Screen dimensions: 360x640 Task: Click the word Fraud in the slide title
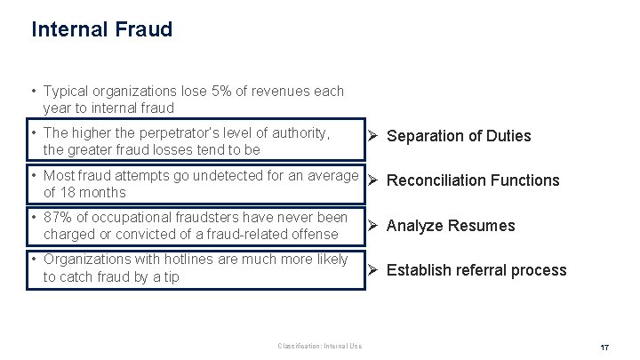pyautogui.click(x=144, y=29)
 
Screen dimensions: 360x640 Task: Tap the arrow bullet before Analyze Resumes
pyautogui.click(x=374, y=225)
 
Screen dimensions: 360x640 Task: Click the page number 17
pyautogui.click(x=604, y=346)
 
